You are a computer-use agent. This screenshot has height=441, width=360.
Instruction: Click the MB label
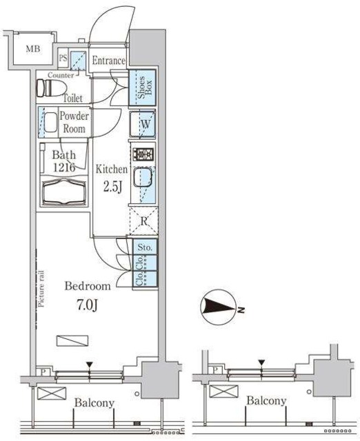(33, 49)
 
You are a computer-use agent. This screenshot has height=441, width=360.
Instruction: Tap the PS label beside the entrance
(63, 58)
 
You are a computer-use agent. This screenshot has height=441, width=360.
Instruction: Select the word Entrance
(108, 60)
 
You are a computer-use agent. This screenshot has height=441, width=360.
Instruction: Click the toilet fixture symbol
(51, 88)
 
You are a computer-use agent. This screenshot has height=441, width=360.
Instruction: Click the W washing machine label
(146, 124)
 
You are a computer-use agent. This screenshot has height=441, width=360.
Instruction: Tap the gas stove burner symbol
(143, 154)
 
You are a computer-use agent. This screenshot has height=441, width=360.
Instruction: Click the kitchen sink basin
(143, 178)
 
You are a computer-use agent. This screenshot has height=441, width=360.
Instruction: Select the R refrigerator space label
(143, 221)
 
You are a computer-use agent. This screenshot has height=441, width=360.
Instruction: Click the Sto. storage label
(145, 247)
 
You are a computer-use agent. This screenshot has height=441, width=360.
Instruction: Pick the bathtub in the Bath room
(64, 192)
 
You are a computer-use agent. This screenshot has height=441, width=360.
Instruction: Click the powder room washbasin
(50, 123)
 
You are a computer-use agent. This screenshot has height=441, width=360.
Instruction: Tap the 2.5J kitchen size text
(112, 187)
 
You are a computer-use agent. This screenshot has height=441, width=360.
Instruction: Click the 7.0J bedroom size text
(87, 305)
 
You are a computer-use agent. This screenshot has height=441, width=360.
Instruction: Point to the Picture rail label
(41, 289)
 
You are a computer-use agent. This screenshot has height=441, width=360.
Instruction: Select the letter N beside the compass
(241, 310)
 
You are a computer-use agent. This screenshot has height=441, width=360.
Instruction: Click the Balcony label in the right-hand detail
(266, 400)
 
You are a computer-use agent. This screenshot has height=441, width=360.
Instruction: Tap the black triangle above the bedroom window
(90, 365)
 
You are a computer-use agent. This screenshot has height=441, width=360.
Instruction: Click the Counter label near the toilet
(61, 75)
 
